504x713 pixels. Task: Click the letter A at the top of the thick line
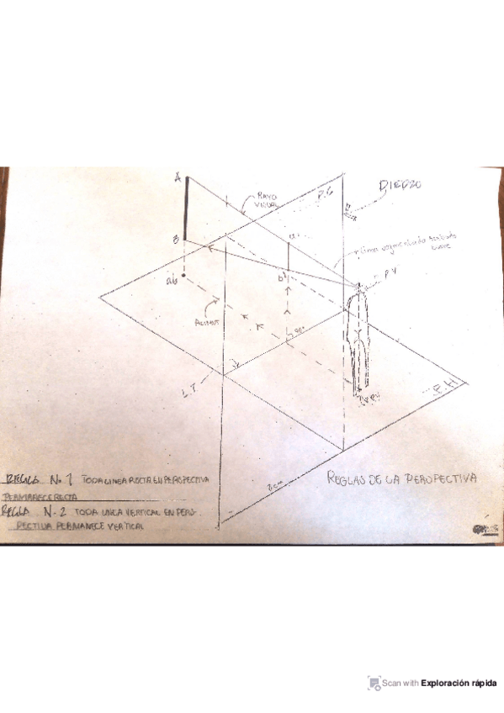tap(177, 178)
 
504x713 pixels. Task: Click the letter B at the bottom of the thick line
tap(175, 240)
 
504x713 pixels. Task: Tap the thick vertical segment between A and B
tap(187, 210)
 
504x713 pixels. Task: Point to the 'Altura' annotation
tap(204, 320)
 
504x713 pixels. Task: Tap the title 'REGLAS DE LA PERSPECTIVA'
tap(401, 478)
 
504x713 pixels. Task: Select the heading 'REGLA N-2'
tap(38, 511)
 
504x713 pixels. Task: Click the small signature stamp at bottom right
tap(482, 528)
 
